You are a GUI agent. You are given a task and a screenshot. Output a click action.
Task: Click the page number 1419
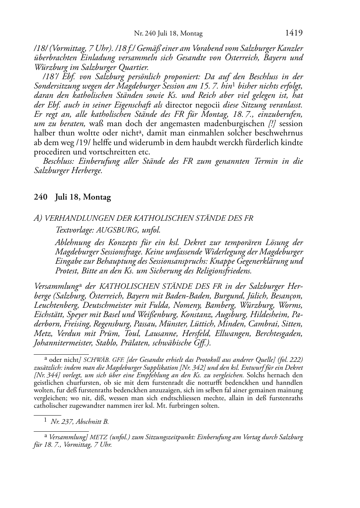294,33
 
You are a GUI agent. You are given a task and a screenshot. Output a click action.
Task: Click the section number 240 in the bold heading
41,197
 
